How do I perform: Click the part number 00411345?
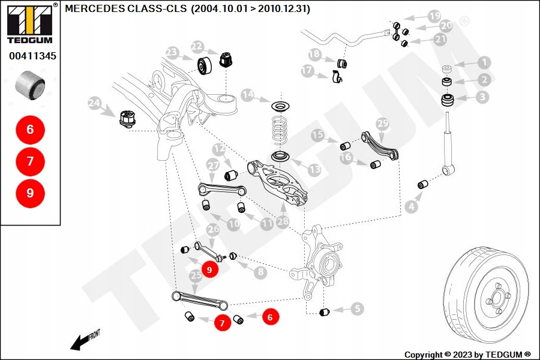point(32,56)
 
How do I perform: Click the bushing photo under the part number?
point(30,84)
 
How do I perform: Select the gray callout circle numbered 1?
point(484,62)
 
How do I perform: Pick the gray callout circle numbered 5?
point(358,310)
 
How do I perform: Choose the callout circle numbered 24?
point(94,103)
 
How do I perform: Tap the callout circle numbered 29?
point(382,124)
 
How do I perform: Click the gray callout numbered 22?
point(197,46)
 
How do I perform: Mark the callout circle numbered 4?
point(411,207)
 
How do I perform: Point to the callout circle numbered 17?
point(307,71)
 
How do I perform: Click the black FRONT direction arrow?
point(79,342)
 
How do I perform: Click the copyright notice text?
point(467,355)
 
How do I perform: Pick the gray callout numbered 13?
point(314,170)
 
